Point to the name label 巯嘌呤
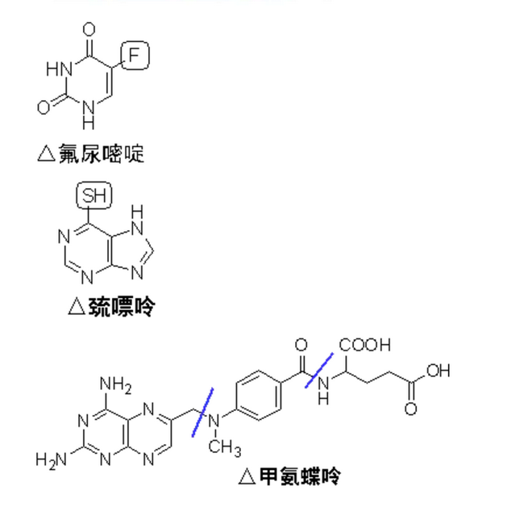pos(122,306)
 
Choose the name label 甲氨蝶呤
pos(300,476)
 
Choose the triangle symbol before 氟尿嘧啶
pos(46,153)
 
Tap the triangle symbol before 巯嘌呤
pos(76,306)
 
